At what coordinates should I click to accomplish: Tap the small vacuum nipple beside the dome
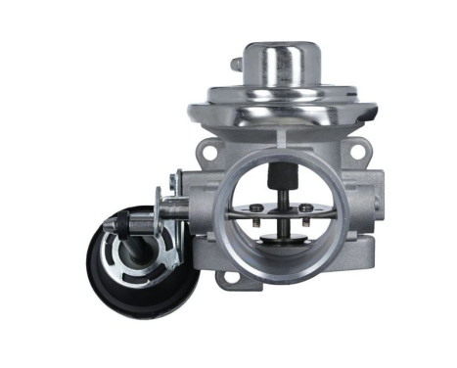tap(236, 65)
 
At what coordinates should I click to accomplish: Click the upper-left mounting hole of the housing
tap(207, 152)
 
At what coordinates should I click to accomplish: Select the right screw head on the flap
tap(305, 207)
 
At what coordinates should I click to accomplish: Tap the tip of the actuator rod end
tap(110, 224)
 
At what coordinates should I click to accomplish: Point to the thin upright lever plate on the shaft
tap(176, 191)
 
